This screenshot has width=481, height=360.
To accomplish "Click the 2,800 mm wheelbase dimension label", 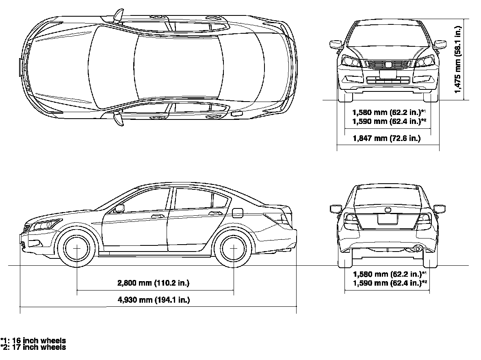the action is [153, 283].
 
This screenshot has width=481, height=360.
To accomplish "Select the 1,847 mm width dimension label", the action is [386, 139].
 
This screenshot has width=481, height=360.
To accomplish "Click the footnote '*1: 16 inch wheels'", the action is [33, 340].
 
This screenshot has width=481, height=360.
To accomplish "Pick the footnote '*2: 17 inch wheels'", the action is [33, 347].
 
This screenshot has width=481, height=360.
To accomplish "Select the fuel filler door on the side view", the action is [238, 213].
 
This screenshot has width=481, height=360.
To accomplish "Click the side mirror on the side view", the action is [119, 208].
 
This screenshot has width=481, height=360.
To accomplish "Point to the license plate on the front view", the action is [388, 74].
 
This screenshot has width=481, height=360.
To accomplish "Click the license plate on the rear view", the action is [388, 219].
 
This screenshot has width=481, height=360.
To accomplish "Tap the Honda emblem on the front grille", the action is [388, 64].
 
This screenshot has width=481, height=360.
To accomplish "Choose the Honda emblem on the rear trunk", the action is [388, 209].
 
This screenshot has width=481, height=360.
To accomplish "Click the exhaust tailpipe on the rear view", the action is [416, 249].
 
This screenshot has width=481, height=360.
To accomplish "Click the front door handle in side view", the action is [156, 216].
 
